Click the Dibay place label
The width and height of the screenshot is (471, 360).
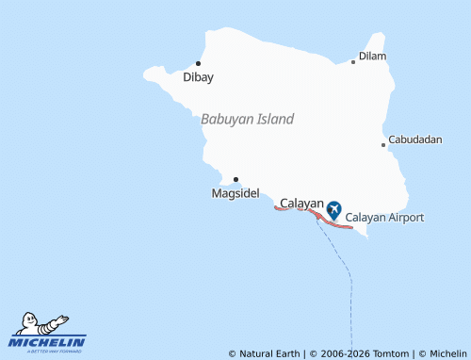tap(198, 77)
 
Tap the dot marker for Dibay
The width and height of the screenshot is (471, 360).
tap(198, 63)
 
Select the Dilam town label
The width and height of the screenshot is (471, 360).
tap(373, 57)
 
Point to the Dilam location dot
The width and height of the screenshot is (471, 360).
tap(353, 62)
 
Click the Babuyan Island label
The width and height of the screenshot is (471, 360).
tap(247, 119)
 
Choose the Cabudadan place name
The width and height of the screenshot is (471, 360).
tap(415, 139)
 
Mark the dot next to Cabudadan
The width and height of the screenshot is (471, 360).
tap(383, 145)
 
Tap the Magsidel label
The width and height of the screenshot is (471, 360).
tap(235, 193)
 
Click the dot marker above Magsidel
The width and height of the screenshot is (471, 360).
tap(235, 179)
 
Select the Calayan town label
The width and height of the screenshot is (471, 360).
tap(302, 204)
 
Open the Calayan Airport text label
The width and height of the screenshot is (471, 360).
tap(385, 218)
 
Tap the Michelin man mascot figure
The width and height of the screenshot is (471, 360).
tap(42, 323)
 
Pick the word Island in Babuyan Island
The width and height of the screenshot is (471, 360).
tap(273, 119)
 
